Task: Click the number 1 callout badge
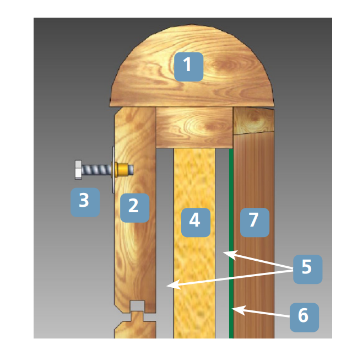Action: [189, 67]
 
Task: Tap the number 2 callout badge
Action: [135, 208]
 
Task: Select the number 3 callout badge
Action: [85, 202]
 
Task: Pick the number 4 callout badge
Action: [196, 222]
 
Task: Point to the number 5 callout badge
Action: [308, 269]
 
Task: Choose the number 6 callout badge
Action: [304, 318]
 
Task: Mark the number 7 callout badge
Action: [254, 222]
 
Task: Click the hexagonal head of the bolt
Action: [78, 170]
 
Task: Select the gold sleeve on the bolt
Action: [122, 169]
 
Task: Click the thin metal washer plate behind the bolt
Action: [113, 170]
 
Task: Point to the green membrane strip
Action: [231, 244]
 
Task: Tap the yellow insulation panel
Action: [194, 243]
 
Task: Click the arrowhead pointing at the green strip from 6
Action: [239, 310]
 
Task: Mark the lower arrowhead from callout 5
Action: [174, 284]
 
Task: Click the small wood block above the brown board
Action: [254, 121]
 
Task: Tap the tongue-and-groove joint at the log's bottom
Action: [138, 310]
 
